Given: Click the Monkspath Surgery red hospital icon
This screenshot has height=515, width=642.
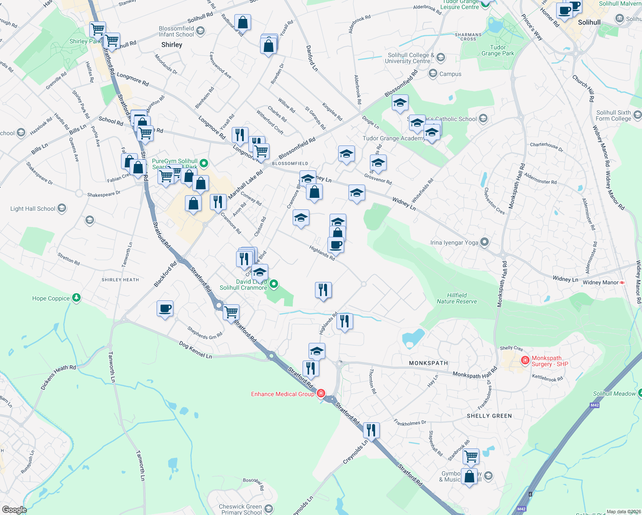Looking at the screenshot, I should click(x=525, y=360).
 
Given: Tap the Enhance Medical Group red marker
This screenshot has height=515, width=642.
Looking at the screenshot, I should click(x=321, y=393).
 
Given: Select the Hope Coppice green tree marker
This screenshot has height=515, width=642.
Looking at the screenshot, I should click(x=76, y=297).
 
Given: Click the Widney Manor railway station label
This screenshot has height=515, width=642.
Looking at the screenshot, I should click(x=601, y=282).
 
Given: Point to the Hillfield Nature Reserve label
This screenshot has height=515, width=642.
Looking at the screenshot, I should click(x=457, y=298).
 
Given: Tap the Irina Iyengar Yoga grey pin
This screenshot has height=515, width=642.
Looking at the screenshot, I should click(x=485, y=242).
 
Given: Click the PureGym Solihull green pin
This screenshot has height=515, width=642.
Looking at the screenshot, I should click(x=204, y=163).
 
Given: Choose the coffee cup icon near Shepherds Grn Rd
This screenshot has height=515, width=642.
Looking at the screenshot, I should click(x=165, y=308).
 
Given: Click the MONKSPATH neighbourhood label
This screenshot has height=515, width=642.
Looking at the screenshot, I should click(x=428, y=363).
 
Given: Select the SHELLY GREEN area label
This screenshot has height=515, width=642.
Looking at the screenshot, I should click(x=489, y=416).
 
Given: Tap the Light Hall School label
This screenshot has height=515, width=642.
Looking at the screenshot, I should click(x=33, y=209).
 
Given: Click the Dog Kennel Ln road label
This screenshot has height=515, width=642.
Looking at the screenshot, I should click(x=196, y=350).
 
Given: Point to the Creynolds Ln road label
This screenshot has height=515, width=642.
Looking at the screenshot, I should click(x=355, y=452).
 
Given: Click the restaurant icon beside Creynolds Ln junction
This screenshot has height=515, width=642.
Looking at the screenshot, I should click(x=371, y=430).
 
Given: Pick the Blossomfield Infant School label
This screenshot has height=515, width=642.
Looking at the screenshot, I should click(x=176, y=31).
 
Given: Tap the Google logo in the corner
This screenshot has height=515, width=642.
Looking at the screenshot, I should click(x=14, y=510).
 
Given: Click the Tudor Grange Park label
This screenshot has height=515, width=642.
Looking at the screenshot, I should click(x=498, y=51).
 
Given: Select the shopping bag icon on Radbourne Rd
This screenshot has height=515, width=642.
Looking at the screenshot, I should click(x=242, y=22).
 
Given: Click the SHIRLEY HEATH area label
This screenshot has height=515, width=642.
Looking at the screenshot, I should click(x=120, y=280).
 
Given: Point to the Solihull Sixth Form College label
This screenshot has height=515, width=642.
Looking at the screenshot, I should click(x=613, y=115).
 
